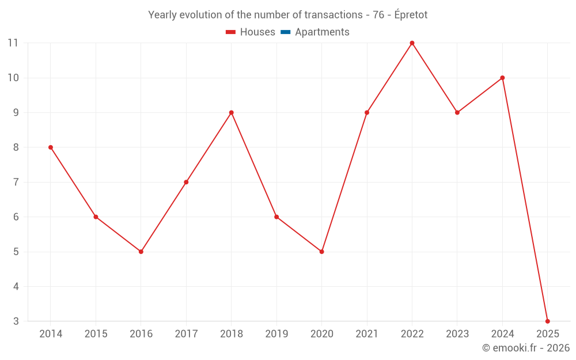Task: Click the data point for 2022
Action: pos(412,43)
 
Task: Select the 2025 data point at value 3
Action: pos(547,321)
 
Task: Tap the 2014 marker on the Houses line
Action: pos(51,147)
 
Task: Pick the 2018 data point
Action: pos(231,113)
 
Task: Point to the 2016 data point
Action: pos(141,252)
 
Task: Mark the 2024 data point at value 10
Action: pos(502,78)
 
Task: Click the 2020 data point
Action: pos(321,252)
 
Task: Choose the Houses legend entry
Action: pos(251,32)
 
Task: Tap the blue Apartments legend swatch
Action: pos(285,32)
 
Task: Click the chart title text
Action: pos(287,15)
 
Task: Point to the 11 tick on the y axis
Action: pos(13,43)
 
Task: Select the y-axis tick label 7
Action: pos(16,182)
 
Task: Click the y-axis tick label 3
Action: pos(16,321)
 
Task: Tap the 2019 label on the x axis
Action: pos(276,334)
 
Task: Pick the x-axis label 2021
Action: pos(367,334)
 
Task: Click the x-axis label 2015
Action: pos(96,334)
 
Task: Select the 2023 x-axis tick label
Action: pos(457,334)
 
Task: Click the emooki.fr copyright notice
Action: pos(525,348)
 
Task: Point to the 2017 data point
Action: pos(186,182)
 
